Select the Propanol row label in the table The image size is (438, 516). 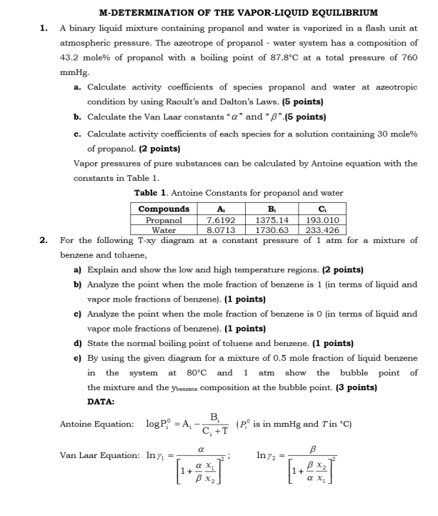pos(163,221)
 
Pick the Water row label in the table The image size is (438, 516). pos(163,230)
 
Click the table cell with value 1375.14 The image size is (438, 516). pos(272,221)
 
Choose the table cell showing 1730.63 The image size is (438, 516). pos(272,230)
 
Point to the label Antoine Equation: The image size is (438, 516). pos(96,425)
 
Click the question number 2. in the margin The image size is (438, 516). pos(44,240)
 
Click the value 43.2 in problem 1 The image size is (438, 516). pos(70,58)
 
